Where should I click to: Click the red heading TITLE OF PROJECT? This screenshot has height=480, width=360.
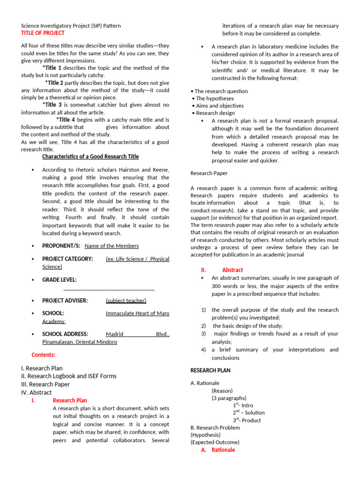coord(43,33)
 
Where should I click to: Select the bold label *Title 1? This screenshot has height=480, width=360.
coord(52,68)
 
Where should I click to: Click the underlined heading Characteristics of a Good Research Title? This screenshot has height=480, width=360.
coord(90,157)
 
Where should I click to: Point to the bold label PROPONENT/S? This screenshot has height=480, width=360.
coord(61,246)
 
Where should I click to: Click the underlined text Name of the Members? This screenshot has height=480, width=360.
coord(112,246)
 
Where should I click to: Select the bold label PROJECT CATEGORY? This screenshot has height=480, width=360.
coord(67,259)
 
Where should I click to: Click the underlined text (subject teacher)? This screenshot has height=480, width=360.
coord(126,300)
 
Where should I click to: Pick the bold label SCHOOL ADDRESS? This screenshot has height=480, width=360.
coord(65,334)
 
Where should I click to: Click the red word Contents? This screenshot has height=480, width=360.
coord(43,355)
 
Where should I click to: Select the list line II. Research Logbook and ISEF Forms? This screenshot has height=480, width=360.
coord(69,376)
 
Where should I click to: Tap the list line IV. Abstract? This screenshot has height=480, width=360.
coord(37,392)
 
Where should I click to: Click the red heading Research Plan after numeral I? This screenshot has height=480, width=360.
coord(70,400)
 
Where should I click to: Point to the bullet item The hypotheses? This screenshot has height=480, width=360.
coord(213,98)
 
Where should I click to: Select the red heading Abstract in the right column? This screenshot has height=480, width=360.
coord(232,270)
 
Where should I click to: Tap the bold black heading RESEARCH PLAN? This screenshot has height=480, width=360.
coord(210,370)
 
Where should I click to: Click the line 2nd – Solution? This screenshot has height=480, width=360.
coord(248,412)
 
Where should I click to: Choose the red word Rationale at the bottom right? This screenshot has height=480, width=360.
coord(223,450)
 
